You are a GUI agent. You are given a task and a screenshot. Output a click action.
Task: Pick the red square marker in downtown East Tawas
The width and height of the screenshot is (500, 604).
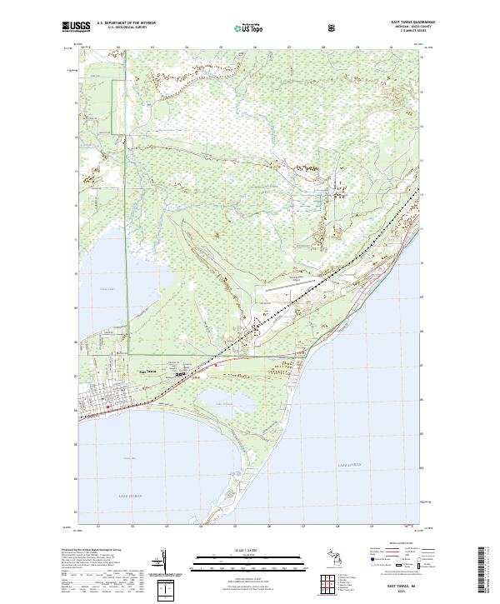(x=107, y=407)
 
